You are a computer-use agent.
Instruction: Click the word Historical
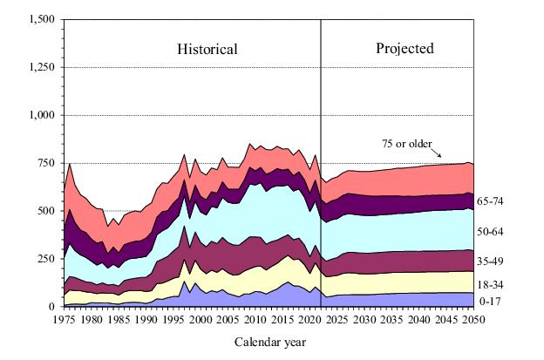[x=207, y=50]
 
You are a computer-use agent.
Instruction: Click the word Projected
[x=405, y=49]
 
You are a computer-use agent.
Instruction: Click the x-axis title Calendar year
[x=270, y=342]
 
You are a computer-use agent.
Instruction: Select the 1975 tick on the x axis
[x=64, y=320]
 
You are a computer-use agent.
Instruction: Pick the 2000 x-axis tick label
[x=201, y=320]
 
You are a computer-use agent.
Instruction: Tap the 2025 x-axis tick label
[x=337, y=320]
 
